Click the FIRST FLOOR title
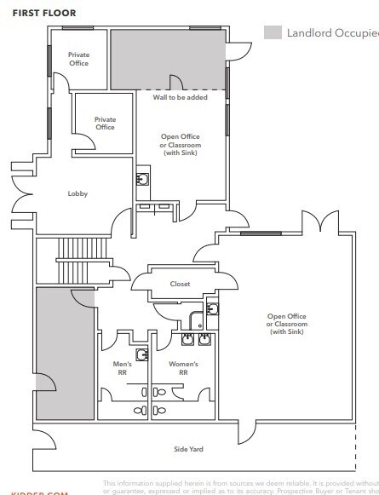(x=43, y=13)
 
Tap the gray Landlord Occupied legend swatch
(x=273, y=33)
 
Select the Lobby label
(x=78, y=193)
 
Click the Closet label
(x=180, y=284)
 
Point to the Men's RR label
(x=123, y=368)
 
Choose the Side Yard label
(x=188, y=449)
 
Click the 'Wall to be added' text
(x=180, y=97)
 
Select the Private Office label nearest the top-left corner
(x=78, y=59)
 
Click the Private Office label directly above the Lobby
(x=105, y=124)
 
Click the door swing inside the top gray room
(x=176, y=82)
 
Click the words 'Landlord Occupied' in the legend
(x=332, y=33)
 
